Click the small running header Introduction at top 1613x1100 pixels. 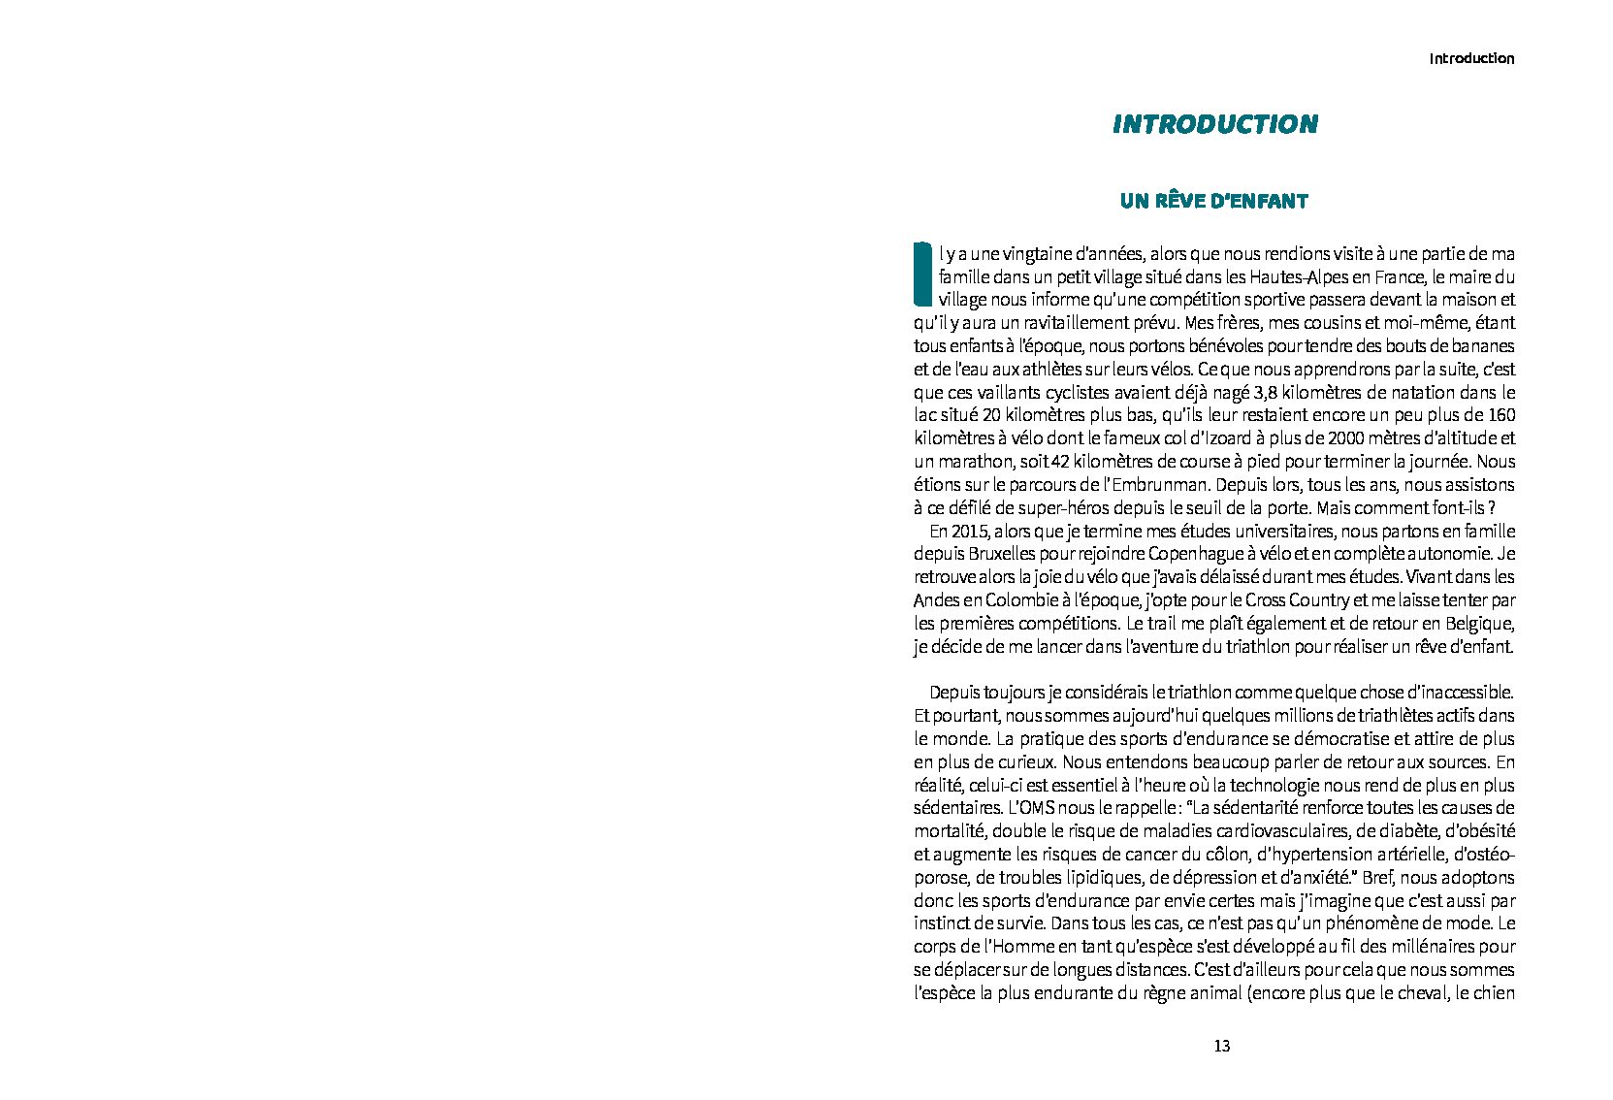click(x=1470, y=59)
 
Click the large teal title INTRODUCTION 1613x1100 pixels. click(x=1214, y=124)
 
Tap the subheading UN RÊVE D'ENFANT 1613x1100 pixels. click(x=1213, y=202)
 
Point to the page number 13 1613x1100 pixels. click(x=1221, y=1046)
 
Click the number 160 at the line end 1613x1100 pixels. click(x=1500, y=416)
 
